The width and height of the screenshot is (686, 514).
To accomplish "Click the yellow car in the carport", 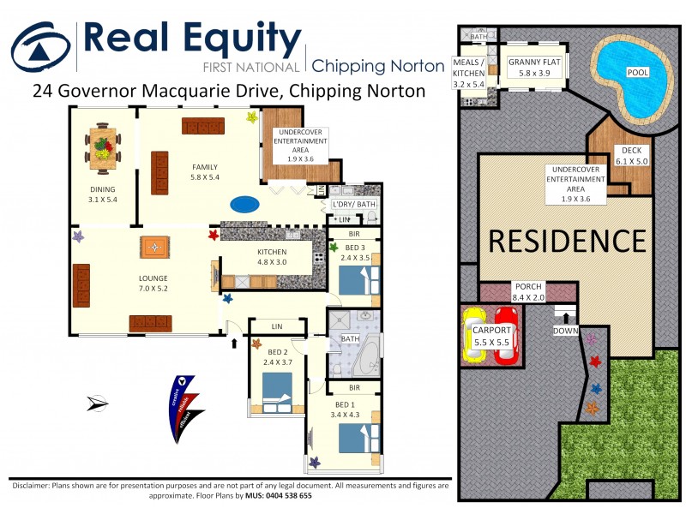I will click(x=476, y=335).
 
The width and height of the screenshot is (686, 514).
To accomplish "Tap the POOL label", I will click(x=637, y=73).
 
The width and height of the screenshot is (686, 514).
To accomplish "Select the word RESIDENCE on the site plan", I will click(x=568, y=241).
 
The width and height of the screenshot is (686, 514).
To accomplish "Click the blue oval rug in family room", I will click(x=244, y=205).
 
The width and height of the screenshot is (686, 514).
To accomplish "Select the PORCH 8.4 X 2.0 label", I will click(x=527, y=292).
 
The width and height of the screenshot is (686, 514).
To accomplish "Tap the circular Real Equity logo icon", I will click(x=40, y=46).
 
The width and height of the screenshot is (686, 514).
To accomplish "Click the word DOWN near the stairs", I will click(x=565, y=331).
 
